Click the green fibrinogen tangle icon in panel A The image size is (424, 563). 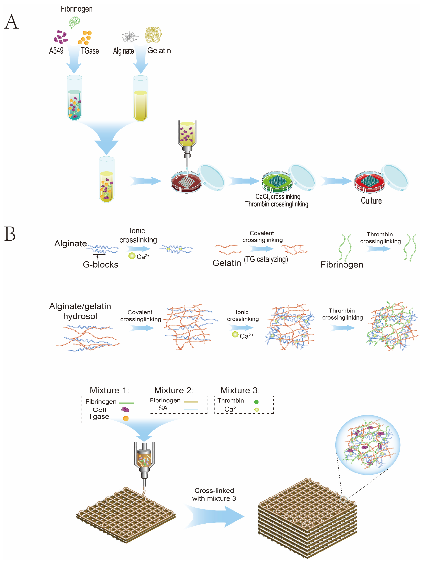(74, 22)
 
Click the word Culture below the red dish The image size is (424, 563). (371, 201)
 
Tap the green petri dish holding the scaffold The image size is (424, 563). (277, 181)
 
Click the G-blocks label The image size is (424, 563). (100, 265)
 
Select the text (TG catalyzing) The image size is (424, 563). (266, 259)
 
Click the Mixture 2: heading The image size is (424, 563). (174, 390)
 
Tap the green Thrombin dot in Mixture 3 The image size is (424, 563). (256, 402)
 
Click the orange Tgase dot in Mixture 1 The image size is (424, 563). (126, 418)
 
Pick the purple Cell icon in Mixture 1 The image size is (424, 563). (125, 409)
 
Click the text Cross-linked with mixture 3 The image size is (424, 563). (214, 494)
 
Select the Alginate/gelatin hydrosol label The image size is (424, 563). (80, 311)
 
